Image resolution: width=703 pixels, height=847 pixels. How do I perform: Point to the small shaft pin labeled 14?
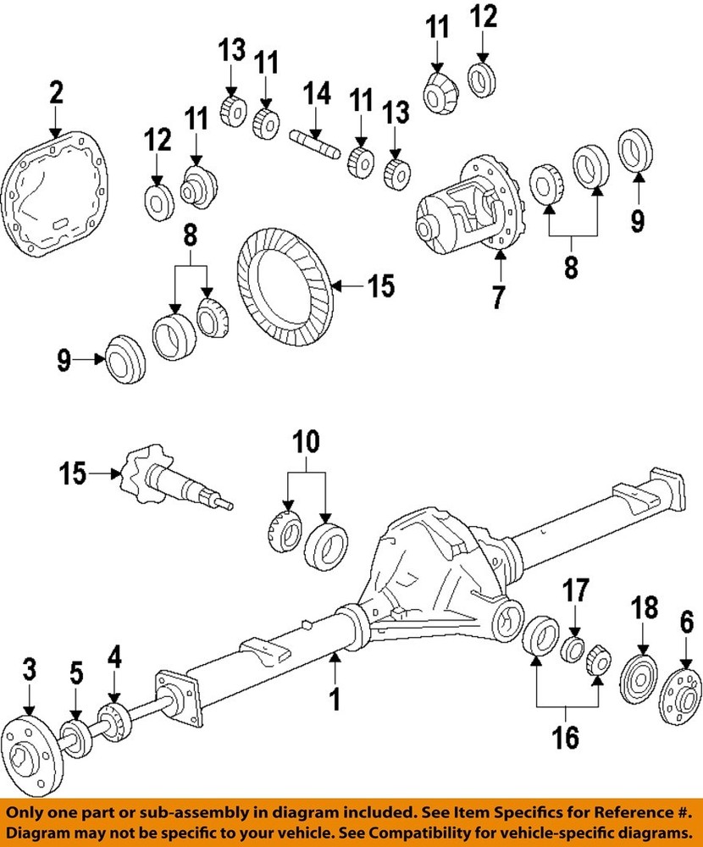[x=315, y=141]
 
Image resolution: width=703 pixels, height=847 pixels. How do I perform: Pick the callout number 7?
[x=498, y=297]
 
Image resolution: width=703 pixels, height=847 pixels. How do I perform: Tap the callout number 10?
[x=307, y=441]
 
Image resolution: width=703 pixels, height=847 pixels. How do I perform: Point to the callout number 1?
[x=335, y=700]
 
